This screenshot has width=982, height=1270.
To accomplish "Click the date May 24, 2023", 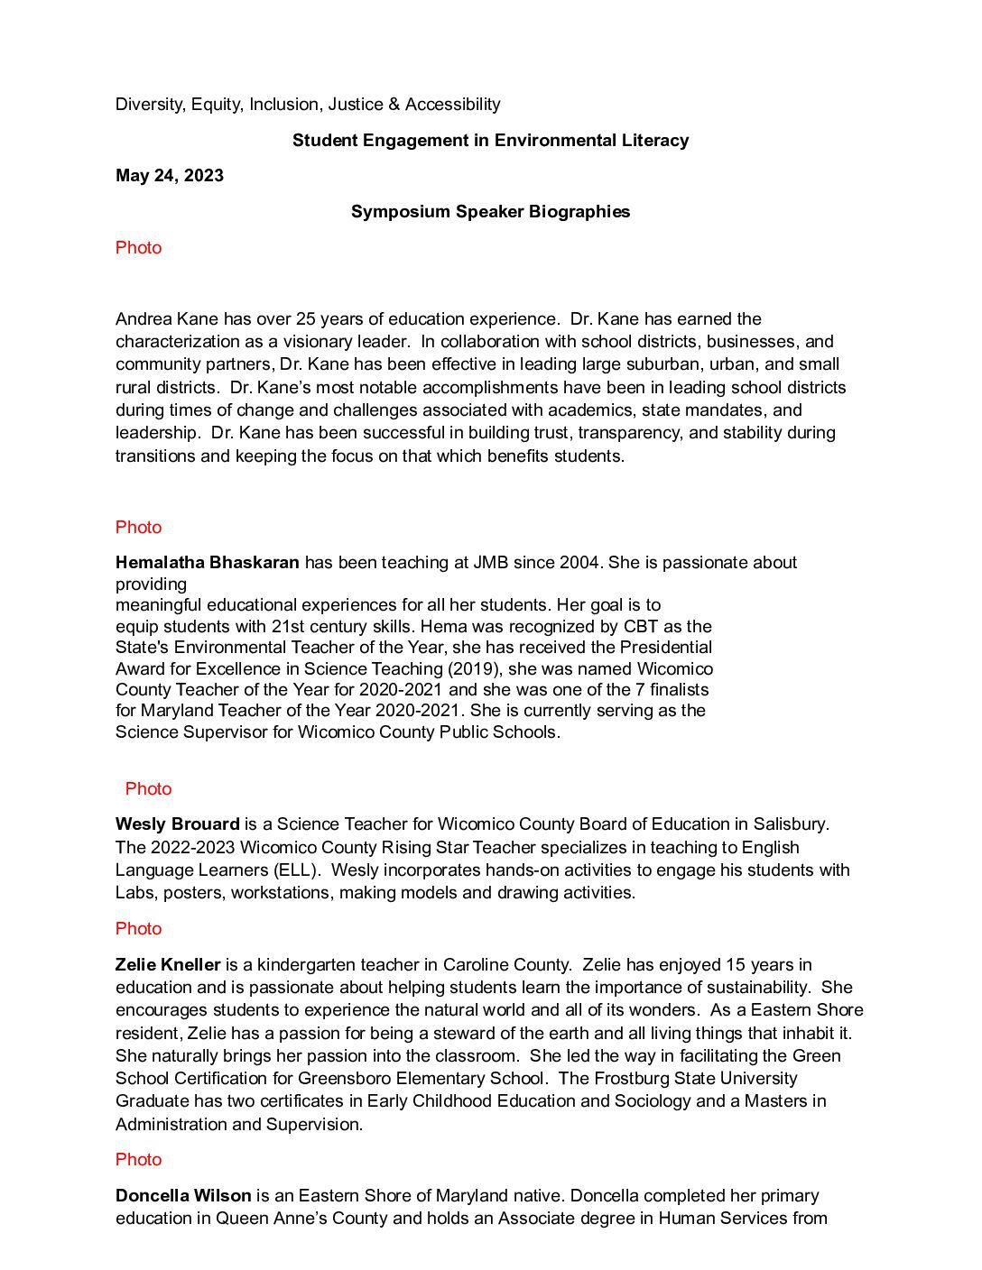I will (169, 176).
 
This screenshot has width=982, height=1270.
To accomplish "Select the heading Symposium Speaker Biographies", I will (490, 212).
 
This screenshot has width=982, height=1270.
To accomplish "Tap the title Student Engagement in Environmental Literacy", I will (490, 140).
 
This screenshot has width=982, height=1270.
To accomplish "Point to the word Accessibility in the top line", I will (452, 105).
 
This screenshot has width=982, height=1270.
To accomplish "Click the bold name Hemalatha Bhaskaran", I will (207, 563).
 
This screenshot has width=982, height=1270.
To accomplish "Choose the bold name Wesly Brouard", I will (177, 824).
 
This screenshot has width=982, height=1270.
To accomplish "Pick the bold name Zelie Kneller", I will (168, 965).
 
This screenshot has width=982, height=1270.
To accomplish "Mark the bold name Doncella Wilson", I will (183, 1196).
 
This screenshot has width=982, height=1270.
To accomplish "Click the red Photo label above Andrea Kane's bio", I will (138, 248).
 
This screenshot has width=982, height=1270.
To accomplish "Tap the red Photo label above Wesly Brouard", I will (148, 789).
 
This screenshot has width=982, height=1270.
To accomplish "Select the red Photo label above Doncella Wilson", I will (138, 1160).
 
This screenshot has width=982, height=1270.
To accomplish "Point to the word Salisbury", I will (786, 824).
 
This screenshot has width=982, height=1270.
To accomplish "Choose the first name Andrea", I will (144, 319).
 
